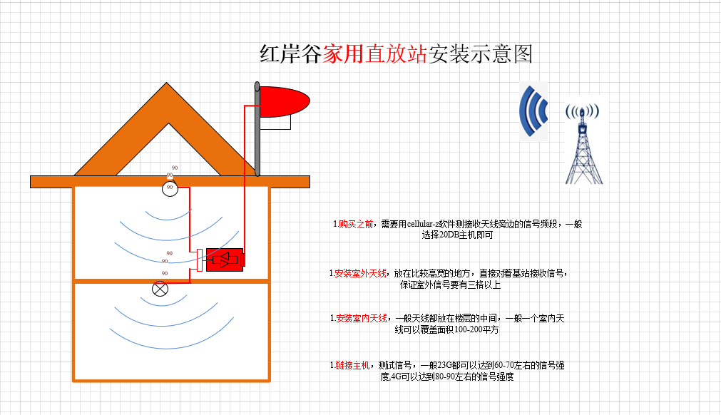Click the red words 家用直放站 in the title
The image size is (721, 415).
pos(374,53)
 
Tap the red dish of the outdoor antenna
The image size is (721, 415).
pos(284,101)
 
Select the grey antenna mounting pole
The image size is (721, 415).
pos(257,128)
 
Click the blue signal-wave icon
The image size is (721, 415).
pos(533,111)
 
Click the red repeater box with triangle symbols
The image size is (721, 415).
pos(225,260)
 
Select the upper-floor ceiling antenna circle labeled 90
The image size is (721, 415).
pos(170,188)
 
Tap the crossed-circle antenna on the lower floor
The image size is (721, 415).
pos(160,289)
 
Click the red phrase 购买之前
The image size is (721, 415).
pos(356,225)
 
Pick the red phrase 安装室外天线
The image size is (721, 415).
pos(361,273)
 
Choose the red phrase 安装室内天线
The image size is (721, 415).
pos(362,318)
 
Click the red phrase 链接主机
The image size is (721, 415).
pos(352,365)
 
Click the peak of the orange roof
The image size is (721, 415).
pos(166,83)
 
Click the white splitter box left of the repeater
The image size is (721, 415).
pos(200,260)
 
